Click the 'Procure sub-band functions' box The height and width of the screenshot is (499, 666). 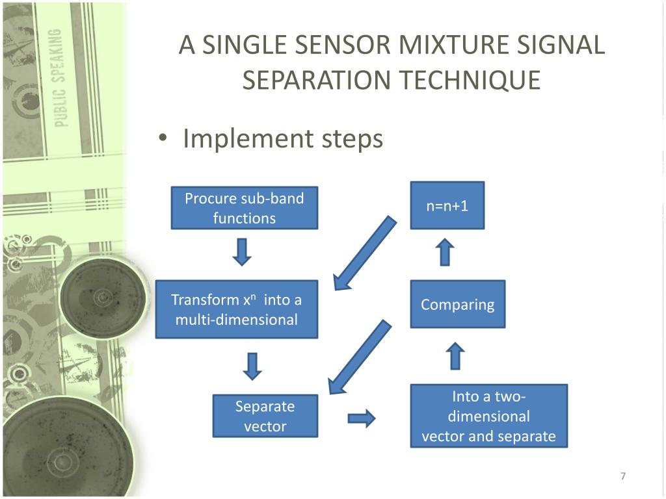click(x=244, y=208)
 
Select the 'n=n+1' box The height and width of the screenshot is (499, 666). click(x=447, y=205)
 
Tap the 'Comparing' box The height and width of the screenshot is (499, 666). click(x=457, y=304)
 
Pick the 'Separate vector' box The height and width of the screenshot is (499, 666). click(x=265, y=416)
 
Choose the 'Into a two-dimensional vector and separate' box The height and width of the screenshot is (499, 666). click(x=488, y=416)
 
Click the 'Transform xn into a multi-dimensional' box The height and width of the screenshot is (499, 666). click(x=236, y=309)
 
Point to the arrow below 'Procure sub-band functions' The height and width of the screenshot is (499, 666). click(x=242, y=251)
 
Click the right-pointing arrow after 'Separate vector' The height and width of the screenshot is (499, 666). click(x=362, y=418)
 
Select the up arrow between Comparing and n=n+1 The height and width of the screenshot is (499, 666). click(x=445, y=251)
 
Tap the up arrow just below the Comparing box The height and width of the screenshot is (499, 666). click(x=457, y=356)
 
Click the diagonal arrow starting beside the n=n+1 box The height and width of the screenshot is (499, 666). click(x=364, y=253)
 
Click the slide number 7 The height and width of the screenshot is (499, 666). click(x=622, y=477)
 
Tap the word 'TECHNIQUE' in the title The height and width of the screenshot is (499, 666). click(x=469, y=80)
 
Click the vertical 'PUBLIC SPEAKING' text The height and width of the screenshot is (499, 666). click(x=60, y=78)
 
